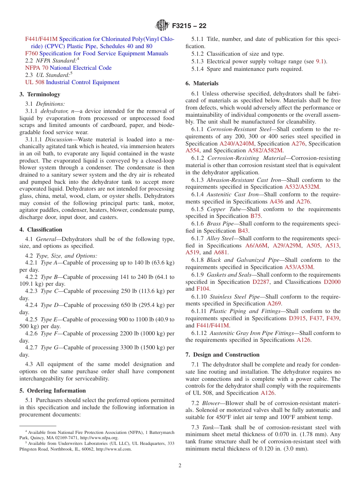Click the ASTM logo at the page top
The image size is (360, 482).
163,26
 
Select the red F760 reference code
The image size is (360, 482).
31,53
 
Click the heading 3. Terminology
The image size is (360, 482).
40,94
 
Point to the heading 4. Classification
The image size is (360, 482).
41,230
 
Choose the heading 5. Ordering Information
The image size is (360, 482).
53,391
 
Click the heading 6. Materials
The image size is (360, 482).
202,83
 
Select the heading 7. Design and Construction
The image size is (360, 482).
222,355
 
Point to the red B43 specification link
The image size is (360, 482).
243,231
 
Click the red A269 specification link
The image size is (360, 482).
274,304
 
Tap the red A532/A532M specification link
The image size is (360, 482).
302,187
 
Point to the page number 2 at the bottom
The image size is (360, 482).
180,466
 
